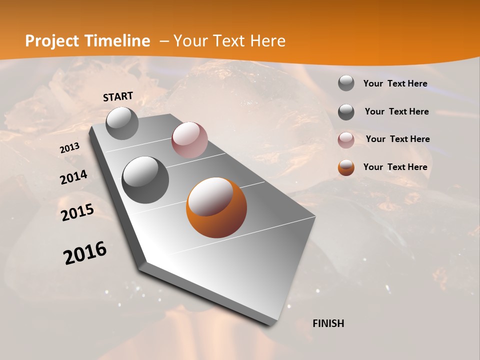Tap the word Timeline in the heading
pos(118,41)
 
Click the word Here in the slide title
pos(267,41)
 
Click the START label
pos(118,96)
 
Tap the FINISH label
pos(328,323)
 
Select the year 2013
pos(69,148)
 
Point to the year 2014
pos(73,177)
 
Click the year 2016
pos(85,253)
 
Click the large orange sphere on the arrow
pos(216,208)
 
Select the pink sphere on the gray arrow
pos(189,140)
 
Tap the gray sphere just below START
pos(122,123)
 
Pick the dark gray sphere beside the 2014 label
pos(145,180)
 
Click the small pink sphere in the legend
pos(346,140)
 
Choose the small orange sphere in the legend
pos(346,167)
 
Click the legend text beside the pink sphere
pos(397,139)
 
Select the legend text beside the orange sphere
pos(395,167)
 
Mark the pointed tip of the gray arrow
pos(272,324)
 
